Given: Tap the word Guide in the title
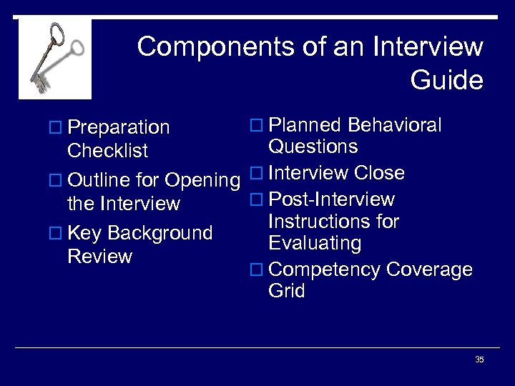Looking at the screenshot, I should click(446, 80).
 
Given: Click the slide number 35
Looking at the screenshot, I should click(479, 360).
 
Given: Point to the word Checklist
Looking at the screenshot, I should click(107, 151).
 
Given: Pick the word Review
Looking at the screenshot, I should click(99, 257).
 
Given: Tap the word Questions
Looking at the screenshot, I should click(313, 147).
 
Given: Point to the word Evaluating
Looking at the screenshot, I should click(315, 244).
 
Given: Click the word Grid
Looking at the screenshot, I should click(287, 291).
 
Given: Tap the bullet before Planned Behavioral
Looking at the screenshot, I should click(258, 127).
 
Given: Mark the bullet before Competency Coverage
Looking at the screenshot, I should click(258, 270).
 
